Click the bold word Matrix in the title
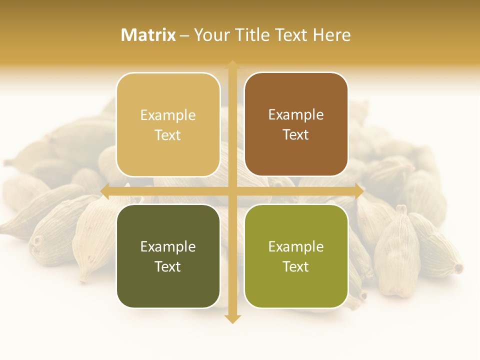coord(148,35)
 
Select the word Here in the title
coord(331,35)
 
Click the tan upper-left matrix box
coord(168,125)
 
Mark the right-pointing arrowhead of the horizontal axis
coord(359,191)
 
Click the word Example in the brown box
coord(296,115)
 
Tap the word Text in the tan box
coord(168,135)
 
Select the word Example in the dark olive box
coord(168,246)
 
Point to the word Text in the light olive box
coord(296,266)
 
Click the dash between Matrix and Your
coord(185,35)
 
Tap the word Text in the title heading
coord(291,35)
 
